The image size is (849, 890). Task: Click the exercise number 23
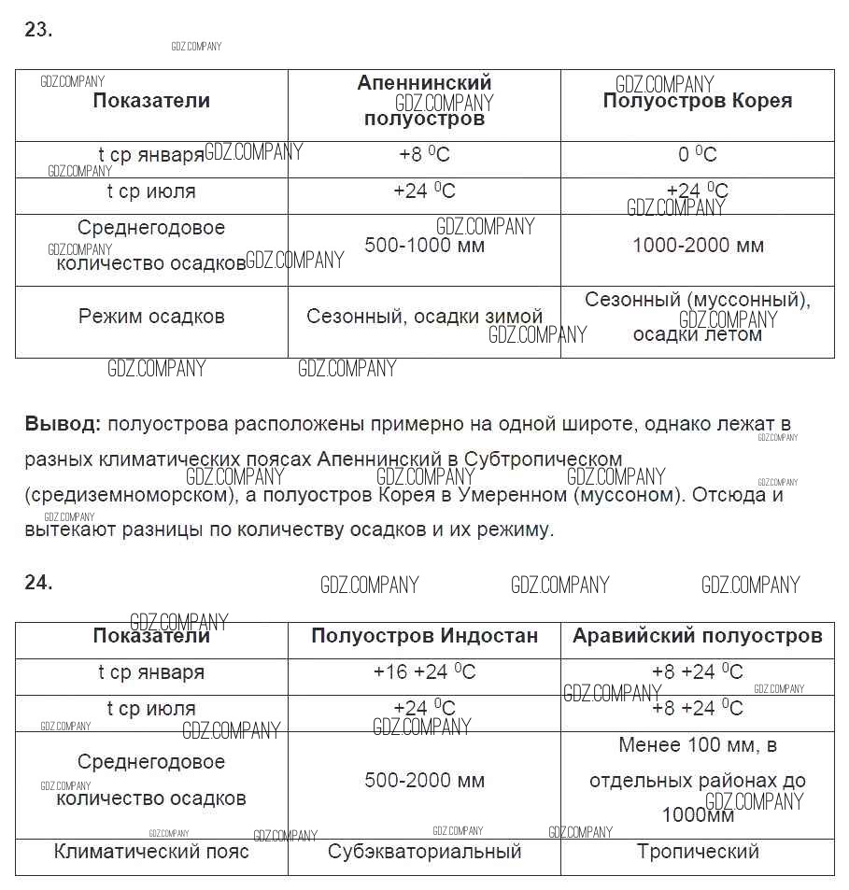tap(37, 30)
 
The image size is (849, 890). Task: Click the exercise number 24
tap(37, 582)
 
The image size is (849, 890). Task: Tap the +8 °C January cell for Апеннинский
tap(424, 155)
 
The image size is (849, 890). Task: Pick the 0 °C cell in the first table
tap(697, 155)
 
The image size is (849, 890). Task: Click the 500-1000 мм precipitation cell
tap(424, 246)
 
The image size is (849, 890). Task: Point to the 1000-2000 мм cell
tap(697, 246)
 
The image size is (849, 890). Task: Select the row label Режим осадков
tap(151, 317)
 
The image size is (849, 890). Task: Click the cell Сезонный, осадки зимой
tap(424, 317)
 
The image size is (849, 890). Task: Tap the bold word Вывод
tap(62, 424)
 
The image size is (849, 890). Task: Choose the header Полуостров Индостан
tap(424, 636)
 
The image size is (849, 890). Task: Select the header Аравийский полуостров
tap(697, 636)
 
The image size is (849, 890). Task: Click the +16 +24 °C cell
tap(424, 672)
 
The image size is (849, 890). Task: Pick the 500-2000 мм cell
tap(424, 781)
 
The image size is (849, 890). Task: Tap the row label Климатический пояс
tap(151, 852)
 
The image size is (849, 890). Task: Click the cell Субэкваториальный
tap(424, 852)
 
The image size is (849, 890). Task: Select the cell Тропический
tap(697, 852)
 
